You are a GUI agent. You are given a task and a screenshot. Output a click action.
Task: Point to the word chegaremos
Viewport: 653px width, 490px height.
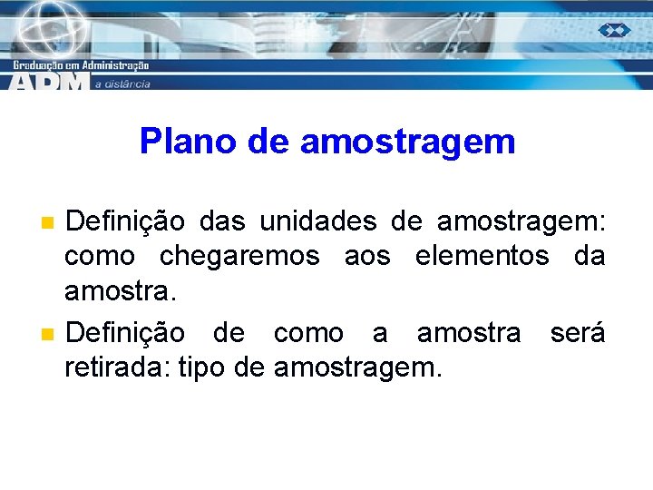point(239,258)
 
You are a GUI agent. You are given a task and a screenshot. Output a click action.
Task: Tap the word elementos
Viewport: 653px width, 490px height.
point(482,256)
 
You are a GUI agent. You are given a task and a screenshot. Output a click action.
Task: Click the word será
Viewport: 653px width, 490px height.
point(578,333)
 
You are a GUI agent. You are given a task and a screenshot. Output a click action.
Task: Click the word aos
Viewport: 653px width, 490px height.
point(367,258)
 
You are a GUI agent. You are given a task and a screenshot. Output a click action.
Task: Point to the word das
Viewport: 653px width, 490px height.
point(222,221)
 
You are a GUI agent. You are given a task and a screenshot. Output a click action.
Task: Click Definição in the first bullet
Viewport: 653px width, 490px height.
point(126,221)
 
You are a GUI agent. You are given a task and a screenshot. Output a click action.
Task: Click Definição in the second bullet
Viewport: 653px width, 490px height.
point(126,333)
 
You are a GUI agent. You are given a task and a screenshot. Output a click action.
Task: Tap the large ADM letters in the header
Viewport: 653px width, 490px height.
point(50,81)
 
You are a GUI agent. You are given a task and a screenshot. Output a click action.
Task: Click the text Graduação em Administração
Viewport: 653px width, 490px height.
point(81,65)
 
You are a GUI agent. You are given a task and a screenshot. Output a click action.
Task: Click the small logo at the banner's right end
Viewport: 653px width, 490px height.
point(614,30)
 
